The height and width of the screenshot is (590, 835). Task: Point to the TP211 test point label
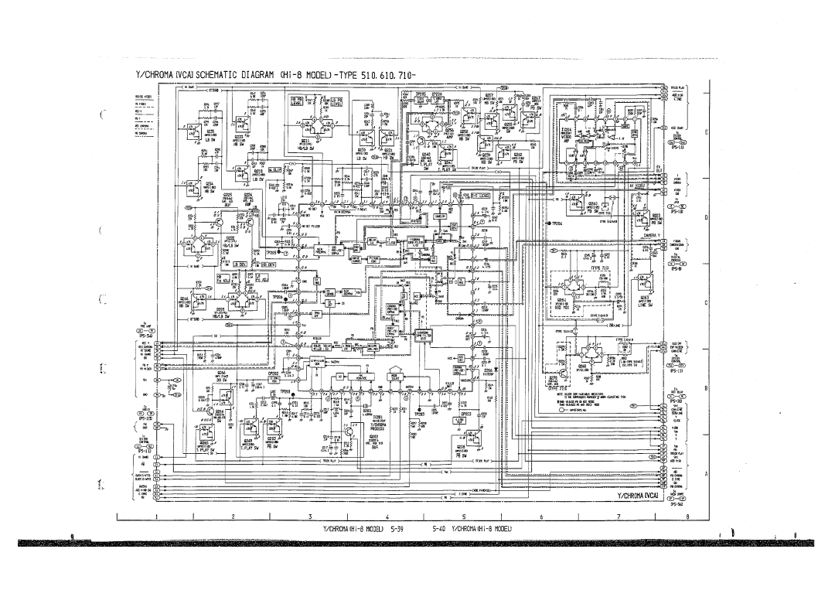(x=285, y=392)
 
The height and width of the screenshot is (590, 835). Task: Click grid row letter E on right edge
(x=705, y=131)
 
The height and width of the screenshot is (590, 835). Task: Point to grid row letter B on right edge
(x=705, y=389)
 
